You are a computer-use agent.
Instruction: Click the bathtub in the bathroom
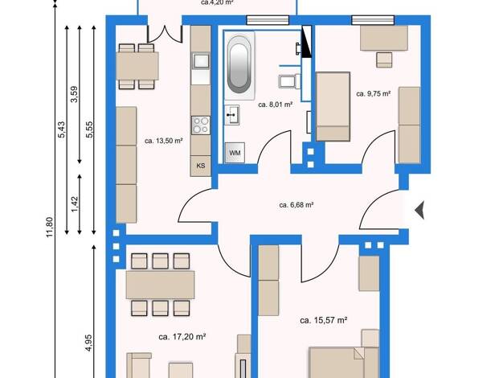pos(239,65)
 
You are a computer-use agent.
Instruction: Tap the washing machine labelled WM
pos(235,153)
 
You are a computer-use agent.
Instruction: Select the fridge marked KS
pos(201,166)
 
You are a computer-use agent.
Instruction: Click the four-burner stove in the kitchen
pos(201,125)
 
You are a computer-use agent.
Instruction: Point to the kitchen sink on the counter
pos(201,60)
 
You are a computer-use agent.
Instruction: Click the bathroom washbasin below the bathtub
pos(232,115)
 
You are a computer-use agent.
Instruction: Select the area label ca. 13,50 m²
pos(164,141)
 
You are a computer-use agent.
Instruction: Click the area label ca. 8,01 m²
pos(276,105)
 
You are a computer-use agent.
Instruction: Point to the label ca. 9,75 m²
pos(374,94)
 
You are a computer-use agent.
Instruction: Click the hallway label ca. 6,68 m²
pos(296,205)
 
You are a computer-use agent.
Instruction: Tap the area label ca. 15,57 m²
pos(324,320)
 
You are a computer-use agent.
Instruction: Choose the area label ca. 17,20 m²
pos(182,337)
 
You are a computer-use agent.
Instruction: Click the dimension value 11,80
pos(49,227)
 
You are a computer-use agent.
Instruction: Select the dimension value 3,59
pos(74,94)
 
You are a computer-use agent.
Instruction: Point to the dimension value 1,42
pos(75,204)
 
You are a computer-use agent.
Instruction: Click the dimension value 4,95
pos(88,343)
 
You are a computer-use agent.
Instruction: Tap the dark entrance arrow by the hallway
pos(420,211)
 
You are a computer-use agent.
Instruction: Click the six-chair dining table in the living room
pos(160,285)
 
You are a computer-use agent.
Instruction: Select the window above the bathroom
pos(268,20)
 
